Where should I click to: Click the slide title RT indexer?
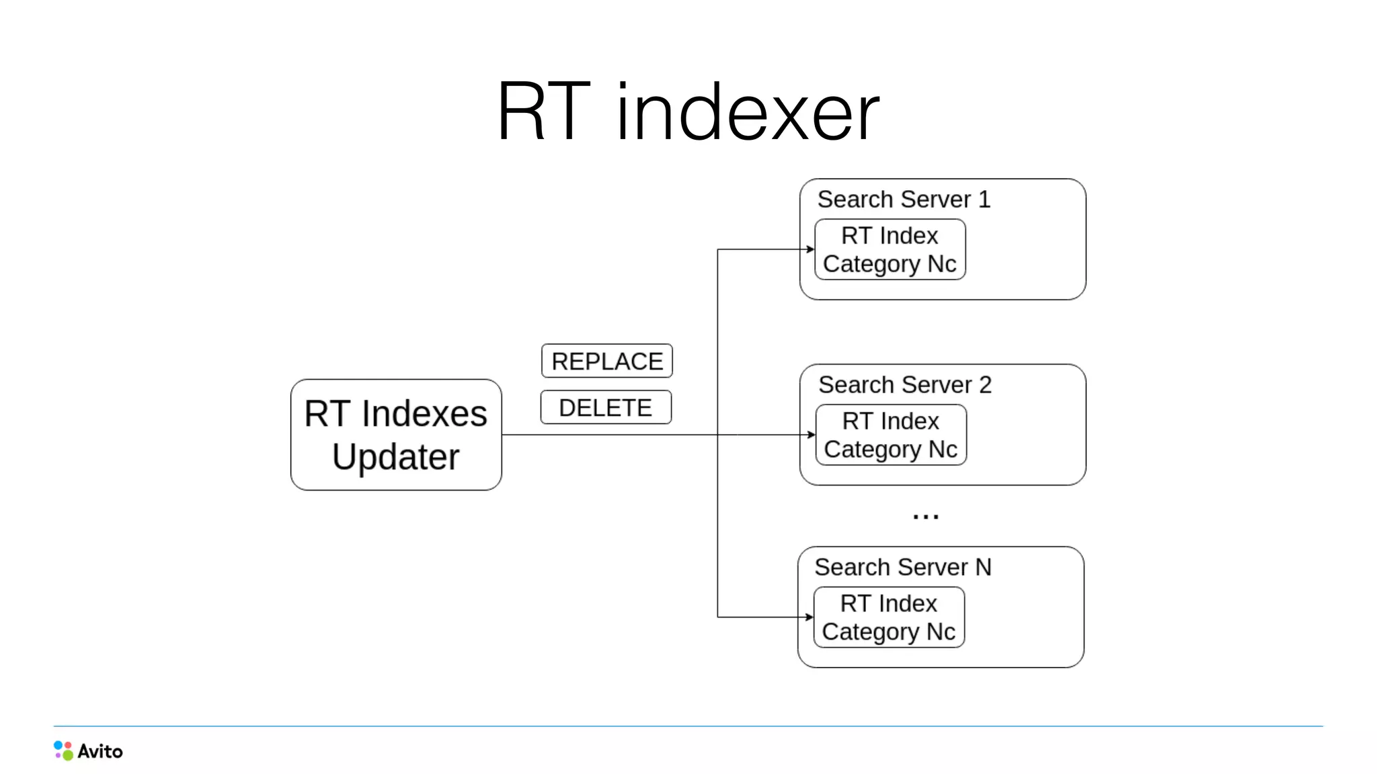(x=688, y=112)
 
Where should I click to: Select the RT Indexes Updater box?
(x=396, y=434)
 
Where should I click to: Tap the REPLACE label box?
(x=606, y=361)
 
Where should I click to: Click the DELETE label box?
(x=606, y=408)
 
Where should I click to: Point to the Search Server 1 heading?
(x=904, y=200)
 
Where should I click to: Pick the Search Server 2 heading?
(x=904, y=385)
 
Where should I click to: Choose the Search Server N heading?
(x=902, y=567)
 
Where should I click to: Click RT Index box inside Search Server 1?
(x=890, y=249)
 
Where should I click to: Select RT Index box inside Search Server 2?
(x=891, y=435)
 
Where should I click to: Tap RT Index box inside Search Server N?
(x=889, y=617)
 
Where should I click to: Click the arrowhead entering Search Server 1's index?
(x=810, y=249)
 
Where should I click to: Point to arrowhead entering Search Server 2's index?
(x=812, y=435)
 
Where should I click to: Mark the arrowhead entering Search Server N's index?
(x=810, y=617)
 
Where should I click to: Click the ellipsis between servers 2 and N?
(x=925, y=517)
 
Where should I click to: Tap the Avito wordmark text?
(x=100, y=751)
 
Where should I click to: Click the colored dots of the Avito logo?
(x=63, y=750)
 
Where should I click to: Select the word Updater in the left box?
(x=395, y=458)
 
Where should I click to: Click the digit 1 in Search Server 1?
(x=984, y=200)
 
